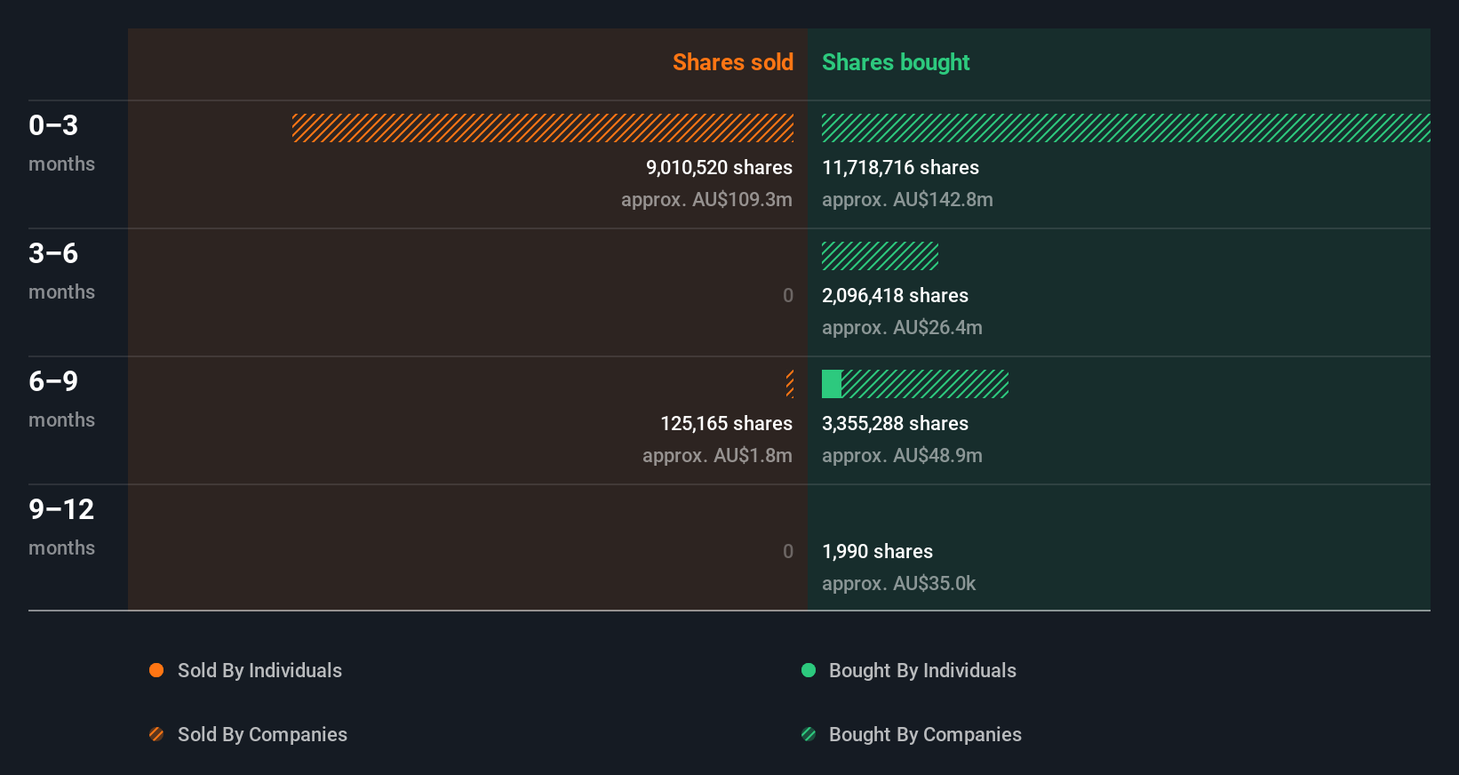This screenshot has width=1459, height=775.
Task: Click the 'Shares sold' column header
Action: click(732, 62)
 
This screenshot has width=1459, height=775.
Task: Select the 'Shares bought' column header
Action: click(895, 62)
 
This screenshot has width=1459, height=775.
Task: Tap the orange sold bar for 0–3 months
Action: click(543, 128)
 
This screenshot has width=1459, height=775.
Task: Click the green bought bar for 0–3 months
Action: click(1126, 128)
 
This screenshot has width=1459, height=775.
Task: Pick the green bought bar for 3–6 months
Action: click(880, 256)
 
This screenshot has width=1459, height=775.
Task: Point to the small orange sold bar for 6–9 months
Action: click(790, 384)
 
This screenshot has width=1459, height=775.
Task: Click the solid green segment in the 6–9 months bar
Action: click(832, 384)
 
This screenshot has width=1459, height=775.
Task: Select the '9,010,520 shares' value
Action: click(719, 167)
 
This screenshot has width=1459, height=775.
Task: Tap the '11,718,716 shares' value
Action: click(900, 167)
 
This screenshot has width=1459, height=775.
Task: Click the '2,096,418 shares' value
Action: click(895, 295)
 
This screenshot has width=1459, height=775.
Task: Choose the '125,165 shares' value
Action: click(726, 423)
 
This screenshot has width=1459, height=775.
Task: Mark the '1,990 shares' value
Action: click(877, 551)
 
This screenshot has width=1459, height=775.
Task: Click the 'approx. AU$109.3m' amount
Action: click(706, 199)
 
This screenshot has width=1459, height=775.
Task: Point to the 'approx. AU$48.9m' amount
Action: click(902, 455)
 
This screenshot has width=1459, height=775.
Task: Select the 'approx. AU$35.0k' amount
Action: click(898, 583)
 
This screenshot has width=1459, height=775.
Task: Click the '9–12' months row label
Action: click(61, 509)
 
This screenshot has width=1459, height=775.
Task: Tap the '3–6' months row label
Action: click(53, 253)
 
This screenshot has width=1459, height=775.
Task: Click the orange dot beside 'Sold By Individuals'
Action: click(156, 670)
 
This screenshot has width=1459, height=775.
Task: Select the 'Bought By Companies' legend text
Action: click(925, 734)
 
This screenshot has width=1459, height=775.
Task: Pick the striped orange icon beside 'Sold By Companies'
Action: click(156, 734)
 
